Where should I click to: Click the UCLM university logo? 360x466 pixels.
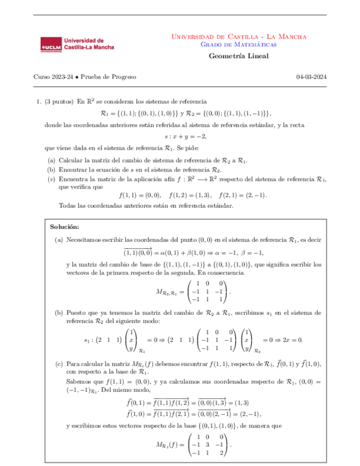(x=77, y=45)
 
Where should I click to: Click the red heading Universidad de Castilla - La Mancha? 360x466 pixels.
(x=239, y=36)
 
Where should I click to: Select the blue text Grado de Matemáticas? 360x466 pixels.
(x=239, y=45)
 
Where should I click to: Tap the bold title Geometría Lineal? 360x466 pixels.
(x=239, y=57)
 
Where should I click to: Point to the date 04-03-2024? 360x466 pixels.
(x=311, y=77)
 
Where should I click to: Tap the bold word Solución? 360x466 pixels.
(x=65, y=226)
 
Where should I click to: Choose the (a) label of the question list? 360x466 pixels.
(x=52, y=159)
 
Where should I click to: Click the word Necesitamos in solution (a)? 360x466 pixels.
(x=84, y=240)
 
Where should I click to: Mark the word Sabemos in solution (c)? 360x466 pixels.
(x=77, y=381)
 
